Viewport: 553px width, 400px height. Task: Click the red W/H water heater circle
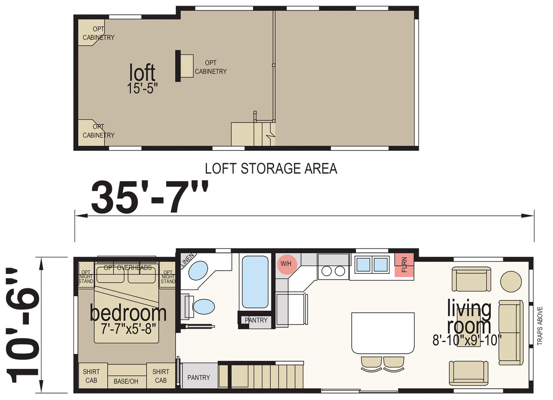tap(286, 264)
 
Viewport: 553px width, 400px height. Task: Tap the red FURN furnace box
tap(404, 265)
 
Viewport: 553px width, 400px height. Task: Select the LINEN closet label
tap(188, 260)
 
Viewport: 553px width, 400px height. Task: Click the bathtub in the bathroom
tap(255, 282)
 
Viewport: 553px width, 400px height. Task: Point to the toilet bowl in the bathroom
tap(203, 307)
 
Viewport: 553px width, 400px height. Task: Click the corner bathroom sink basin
tap(198, 271)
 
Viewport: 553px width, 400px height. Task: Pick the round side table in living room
tap(511, 282)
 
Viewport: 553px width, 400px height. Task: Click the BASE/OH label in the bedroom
tap(126, 381)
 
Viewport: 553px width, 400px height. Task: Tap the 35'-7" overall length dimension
tap(149, 197)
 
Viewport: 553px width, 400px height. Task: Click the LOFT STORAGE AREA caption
tap(271, 169)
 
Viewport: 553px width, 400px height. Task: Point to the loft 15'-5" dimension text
tap(142, 88)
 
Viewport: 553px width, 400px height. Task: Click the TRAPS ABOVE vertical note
tap(540, 326)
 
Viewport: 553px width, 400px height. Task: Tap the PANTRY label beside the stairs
tap(198, 378)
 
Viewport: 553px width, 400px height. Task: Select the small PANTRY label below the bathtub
tap(256, 320)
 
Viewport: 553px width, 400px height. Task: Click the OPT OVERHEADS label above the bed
tap(127, 268)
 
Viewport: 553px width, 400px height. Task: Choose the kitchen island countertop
tap(383, 333)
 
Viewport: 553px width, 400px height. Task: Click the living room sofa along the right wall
tap(511, 333)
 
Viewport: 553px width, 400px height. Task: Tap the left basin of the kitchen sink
tap(363, 264)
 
